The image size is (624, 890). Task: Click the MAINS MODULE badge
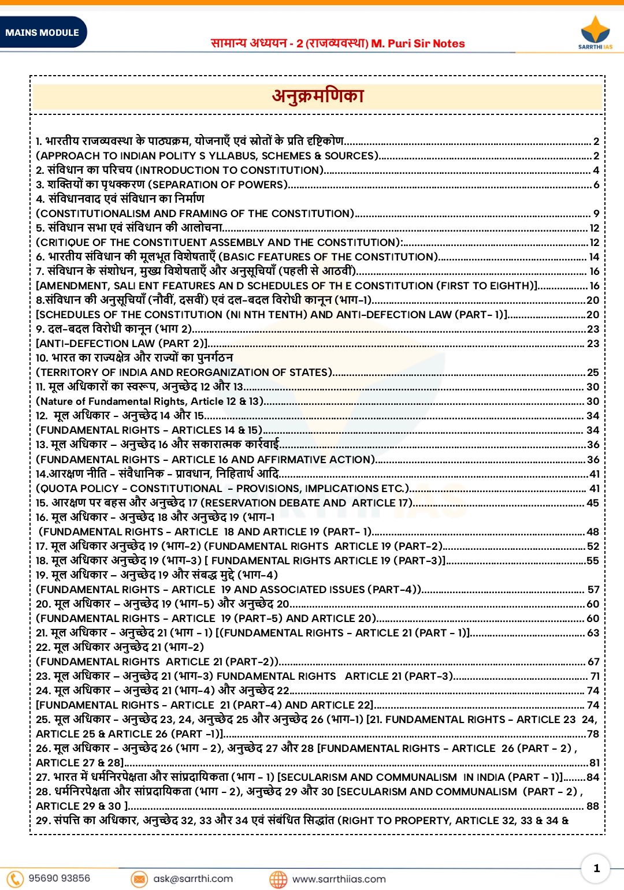[42, 32]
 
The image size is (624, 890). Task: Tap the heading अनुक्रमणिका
[318, 96]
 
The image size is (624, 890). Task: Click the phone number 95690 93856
[60, 878]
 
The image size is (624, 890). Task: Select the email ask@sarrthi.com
[193, 878]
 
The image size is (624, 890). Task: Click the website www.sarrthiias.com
[339, 879]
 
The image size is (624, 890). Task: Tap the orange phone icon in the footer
[15, 878]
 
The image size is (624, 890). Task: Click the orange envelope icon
[139, 879]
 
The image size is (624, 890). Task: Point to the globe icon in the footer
[278, 879]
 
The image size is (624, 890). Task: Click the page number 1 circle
[596, 868]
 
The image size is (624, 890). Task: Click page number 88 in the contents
[593, 806]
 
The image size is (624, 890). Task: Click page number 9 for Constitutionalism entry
[596, 214]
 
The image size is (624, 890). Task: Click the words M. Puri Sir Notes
[418, 43]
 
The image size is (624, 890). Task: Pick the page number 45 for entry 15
[593, 503]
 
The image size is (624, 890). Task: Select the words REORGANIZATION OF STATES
[252, 373]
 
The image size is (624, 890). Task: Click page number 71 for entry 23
[595, 676]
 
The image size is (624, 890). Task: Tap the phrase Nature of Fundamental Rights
[112, 401]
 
